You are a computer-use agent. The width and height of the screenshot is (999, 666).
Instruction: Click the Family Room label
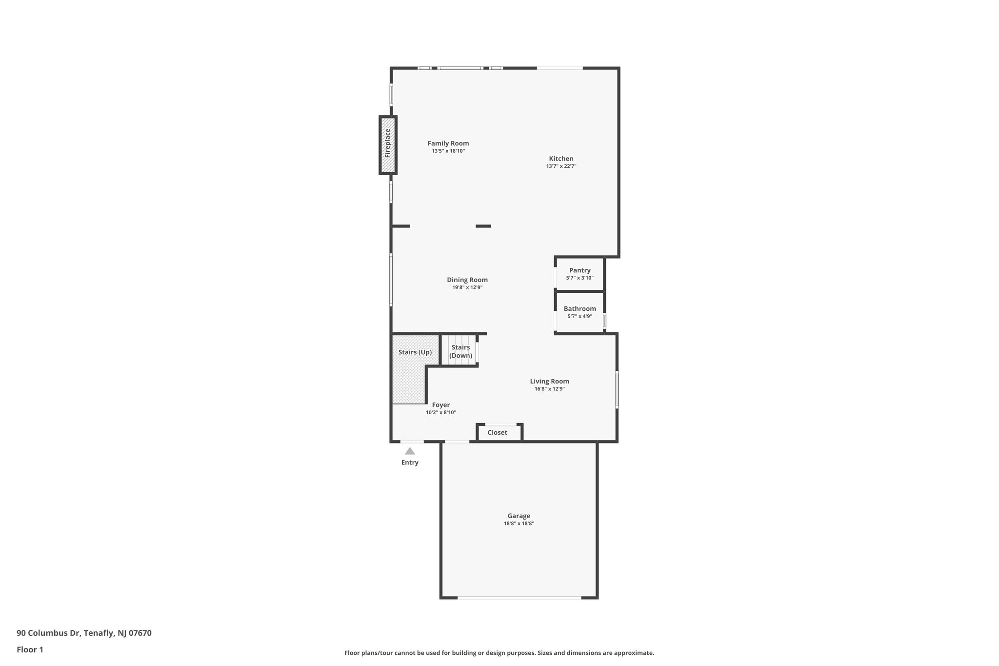(448, 143)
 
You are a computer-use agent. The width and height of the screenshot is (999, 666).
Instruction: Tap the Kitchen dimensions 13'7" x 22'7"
(561, 166)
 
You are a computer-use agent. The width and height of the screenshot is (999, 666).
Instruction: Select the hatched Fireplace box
(388, 145)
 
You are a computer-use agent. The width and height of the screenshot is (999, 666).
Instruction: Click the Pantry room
(579, 273)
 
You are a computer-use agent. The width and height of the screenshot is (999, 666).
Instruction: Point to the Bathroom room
(579, 312)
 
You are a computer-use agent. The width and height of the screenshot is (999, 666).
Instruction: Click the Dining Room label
(467, 280)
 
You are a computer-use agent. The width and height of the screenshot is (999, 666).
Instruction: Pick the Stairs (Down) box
(460, 351)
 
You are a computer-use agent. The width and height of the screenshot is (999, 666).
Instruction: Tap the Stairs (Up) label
(415, 352)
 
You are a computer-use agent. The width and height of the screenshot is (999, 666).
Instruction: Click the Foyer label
(440, 405)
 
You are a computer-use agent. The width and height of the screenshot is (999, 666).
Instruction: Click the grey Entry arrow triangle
(410, 451)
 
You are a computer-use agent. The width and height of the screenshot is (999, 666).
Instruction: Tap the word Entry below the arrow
(410, 463)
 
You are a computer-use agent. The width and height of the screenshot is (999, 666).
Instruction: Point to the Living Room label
(549, 382)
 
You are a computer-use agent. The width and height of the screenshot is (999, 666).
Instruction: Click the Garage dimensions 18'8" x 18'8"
(519, 524)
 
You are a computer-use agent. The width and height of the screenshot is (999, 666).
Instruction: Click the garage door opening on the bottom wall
(519, 598)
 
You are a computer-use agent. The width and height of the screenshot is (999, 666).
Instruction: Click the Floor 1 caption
(30, 650)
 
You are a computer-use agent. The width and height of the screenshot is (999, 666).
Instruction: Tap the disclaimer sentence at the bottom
(499, 653)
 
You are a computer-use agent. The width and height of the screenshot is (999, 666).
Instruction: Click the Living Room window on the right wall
(617, 389)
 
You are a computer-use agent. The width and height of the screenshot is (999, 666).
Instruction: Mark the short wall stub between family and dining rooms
(483, 226)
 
